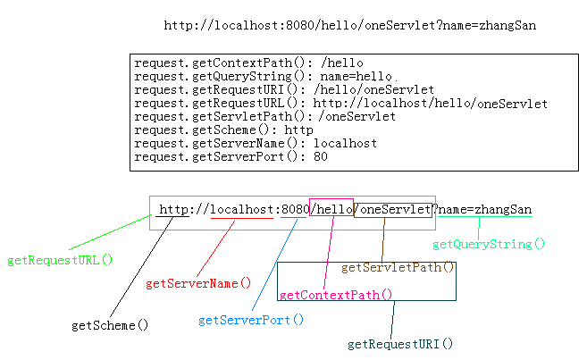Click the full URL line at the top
(x=350, y=25)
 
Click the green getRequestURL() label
(x=61, y=260)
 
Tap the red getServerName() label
(x=198, y=283)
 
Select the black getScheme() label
(x=110, y=325)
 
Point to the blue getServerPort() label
(x=251, y=319)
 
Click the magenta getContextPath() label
(x=335, y=294)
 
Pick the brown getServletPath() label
(x=398, y=267)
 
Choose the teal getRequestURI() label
(x=400, y=343)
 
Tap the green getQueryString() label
(x=489, y=243)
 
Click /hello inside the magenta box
(x=331, y=209)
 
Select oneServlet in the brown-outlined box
(x=396, y=209)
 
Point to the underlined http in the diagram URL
(x=173, y=210)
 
